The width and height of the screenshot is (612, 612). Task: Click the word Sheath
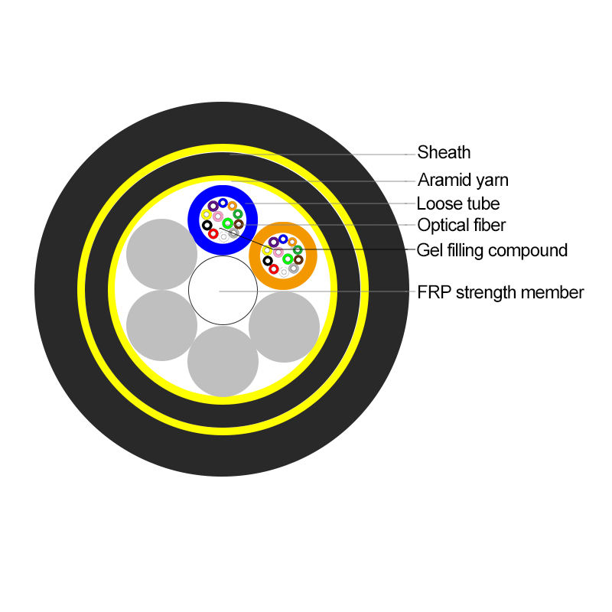click(x=444, y=152)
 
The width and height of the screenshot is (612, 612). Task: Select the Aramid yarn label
click(x=463, y=181)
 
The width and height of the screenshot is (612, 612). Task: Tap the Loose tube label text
click(x=457, y=203)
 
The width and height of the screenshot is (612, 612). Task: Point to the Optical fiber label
click(x=461, y=225)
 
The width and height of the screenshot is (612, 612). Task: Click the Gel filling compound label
click(x=492, y=250)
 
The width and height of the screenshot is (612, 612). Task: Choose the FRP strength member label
click(x=500, y=292)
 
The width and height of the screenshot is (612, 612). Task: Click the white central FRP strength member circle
click(x=223, y=291)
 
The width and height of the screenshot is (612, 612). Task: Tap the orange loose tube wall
click(x=256, y=256)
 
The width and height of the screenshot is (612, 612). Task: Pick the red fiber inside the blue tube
click(x=213, y=234)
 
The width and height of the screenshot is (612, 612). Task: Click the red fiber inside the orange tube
click(x=274, y=269)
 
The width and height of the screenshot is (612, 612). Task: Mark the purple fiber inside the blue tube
click(x=213, y=207)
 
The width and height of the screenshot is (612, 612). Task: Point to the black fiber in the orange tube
click(x=268, y=261)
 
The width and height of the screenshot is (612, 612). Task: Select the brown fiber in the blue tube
click(x=238, y=224)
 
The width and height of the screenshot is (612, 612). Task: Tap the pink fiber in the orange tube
click(x=278, y=252)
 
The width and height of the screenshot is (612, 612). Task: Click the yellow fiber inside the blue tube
click(x=207, y=215)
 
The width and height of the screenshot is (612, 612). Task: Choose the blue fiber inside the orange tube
click(x=283, y=239)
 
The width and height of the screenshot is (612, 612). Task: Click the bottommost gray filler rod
click(x=223, y=361)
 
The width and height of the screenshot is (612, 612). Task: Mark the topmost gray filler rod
click(x=161, y=254)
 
